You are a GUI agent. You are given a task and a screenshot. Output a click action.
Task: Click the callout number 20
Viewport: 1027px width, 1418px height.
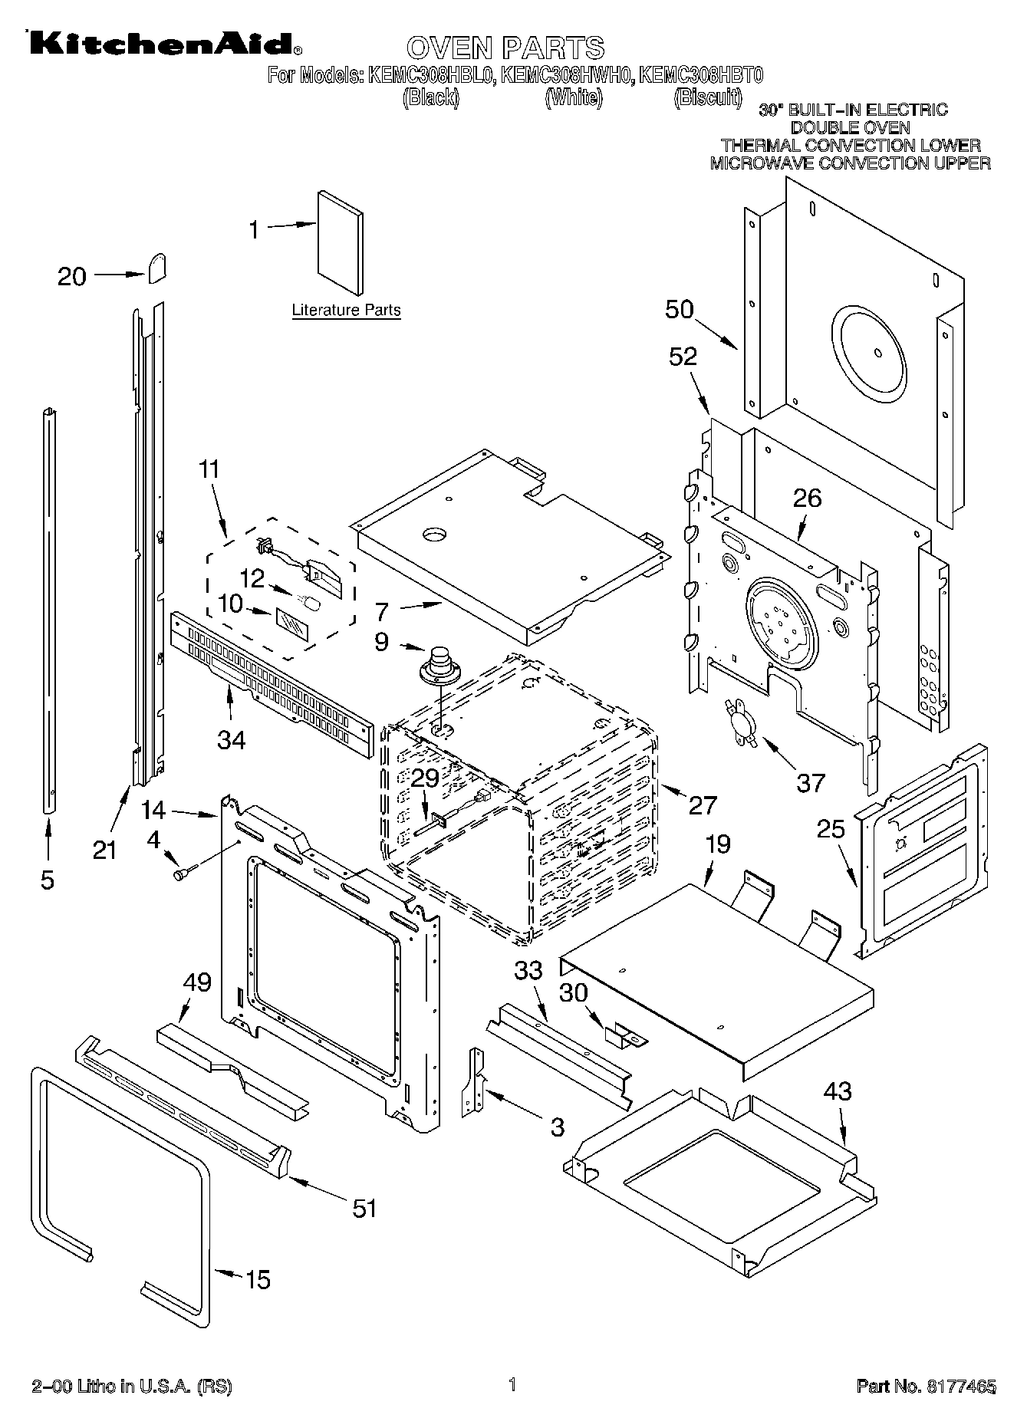click(72, 276)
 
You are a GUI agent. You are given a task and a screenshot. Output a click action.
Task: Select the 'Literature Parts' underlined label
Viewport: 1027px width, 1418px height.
click(346, 311)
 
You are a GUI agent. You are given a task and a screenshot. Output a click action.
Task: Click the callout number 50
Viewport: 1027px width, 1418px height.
click(679, 310)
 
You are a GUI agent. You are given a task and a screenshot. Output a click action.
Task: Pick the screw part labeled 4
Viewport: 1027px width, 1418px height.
click(185, 871)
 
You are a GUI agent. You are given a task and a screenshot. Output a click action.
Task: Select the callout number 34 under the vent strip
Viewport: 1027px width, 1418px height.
click(231, 739)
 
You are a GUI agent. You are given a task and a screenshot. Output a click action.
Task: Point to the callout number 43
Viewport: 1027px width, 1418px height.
click(837, 1091)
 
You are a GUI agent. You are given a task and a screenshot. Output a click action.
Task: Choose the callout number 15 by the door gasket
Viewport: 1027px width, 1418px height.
click(258, 1279)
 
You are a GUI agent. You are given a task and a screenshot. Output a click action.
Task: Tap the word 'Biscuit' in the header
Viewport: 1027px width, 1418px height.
click(707, 97)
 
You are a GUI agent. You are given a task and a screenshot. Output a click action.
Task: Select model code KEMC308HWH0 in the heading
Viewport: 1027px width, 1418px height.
click(569, 75)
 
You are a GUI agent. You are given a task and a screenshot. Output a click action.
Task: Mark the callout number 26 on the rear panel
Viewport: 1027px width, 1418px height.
click(807, 498)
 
